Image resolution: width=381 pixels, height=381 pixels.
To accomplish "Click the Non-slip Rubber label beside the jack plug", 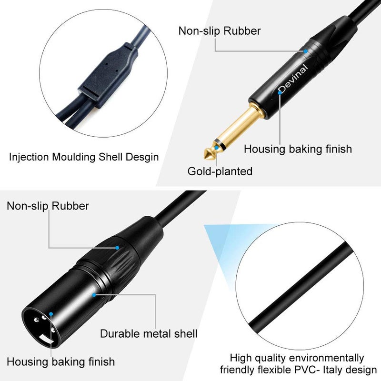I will pyautogui.click(x=220, y=31).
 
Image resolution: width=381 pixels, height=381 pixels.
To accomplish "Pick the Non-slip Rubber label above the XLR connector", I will pyautogui.click(x=48, y=206).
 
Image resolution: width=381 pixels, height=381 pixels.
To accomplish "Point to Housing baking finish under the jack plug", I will pyautogui.click(x=298, y=149).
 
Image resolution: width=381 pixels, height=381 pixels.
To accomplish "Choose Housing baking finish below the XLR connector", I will pyautogui.click(x=60, y=361).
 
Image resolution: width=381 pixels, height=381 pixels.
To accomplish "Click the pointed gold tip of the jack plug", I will pyautogui.click(x=209, y=154).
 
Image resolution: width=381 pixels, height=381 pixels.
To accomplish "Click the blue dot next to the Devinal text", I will pyautogui.click(x=281, y=92).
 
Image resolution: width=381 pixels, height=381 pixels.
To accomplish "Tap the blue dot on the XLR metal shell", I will pyautogui.click(x=95, y=295).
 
